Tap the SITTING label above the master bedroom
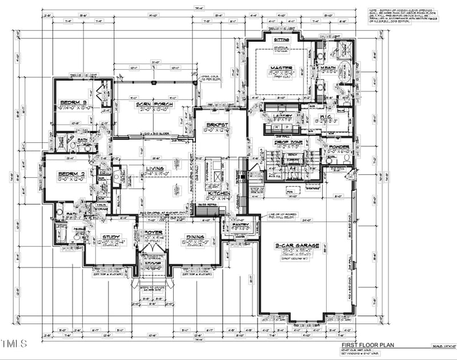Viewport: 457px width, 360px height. point(282,39)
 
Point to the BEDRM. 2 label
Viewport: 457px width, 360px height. point(68,175)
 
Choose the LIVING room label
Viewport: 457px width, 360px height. point(154,168)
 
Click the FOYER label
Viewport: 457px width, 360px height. point(153,232)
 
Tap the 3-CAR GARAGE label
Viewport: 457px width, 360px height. point(295,245)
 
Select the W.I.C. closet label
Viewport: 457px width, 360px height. point(323,116)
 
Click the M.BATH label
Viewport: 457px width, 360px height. point(328,68)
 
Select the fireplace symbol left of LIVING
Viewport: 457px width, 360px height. point(117,177)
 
